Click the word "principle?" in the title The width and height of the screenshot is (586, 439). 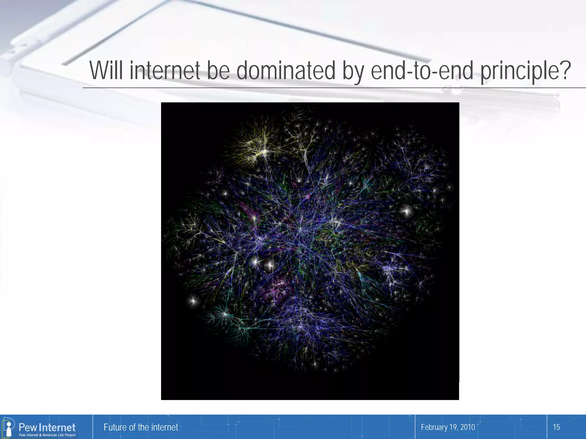point(525,71)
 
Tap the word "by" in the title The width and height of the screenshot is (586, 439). point(353,71)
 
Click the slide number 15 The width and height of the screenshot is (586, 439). point(556,427)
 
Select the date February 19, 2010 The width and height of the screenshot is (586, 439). point(448,427)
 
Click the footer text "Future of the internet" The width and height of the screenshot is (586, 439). point(141,427)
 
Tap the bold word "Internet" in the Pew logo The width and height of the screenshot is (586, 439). point(57,427)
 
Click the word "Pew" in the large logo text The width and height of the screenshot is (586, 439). point(28,427)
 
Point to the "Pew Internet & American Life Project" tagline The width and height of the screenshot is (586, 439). point(47,435)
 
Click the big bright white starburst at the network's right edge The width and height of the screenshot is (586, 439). point(406,211)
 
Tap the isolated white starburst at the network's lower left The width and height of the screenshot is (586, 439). point(193,301)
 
